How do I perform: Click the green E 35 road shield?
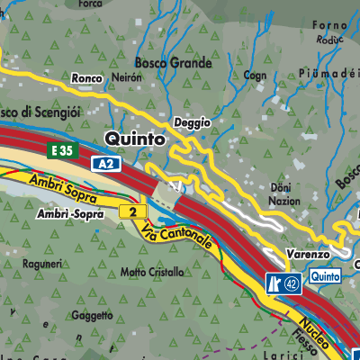tap(63, 150)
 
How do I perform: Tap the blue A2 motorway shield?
tap(104, 164)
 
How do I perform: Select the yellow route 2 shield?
tap(132, 211)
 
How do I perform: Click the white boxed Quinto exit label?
tap(325, 276)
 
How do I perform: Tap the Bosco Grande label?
tap(173, 64)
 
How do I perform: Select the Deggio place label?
tap(193, 121)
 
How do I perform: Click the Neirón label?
tap(126, 78)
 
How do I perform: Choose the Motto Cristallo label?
tap(157, 271)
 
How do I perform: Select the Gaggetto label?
tap(92, 316)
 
